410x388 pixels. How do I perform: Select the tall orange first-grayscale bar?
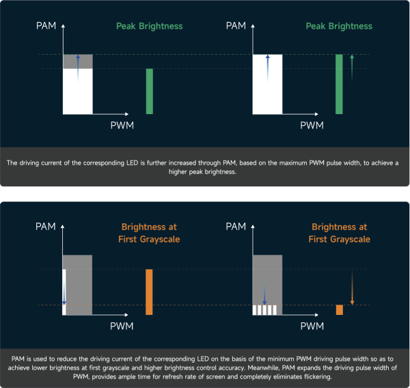click(x=150, y=292)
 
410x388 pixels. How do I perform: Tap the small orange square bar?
click(x=339, y=309)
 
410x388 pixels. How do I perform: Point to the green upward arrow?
click(x=351, y=68)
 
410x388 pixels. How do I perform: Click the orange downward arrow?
click(x=351, y=288)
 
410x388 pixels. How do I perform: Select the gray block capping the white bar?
click(x=77, y=61)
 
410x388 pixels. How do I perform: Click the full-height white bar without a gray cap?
click(x=267, y=84)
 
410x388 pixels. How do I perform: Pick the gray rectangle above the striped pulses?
click(x=268, y=273)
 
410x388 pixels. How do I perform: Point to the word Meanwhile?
click(x=260, y=368)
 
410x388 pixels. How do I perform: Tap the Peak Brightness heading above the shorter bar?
click(x=149, y=26)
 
